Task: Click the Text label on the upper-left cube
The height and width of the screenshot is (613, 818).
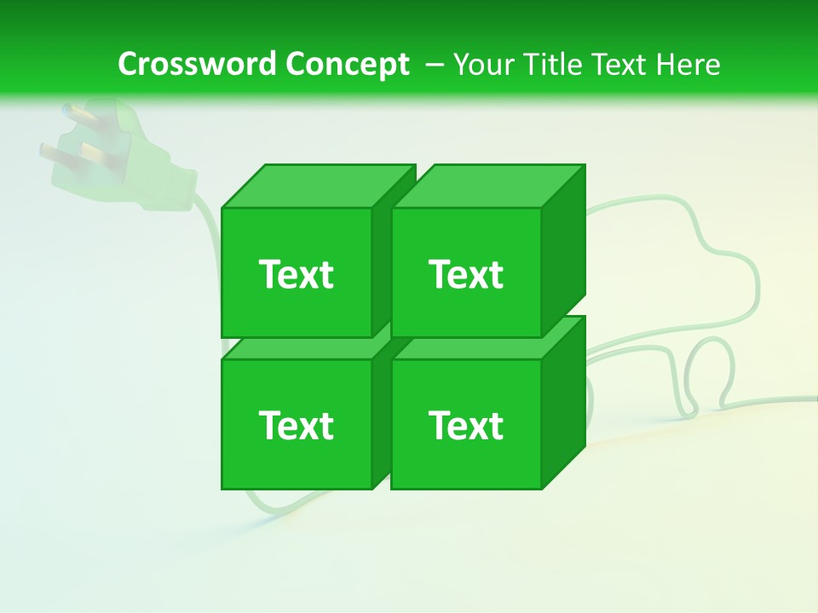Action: (x=297, y=274)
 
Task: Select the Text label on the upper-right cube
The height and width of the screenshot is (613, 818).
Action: (x=466, y=274)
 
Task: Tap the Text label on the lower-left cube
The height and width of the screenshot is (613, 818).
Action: (x=297, y=425)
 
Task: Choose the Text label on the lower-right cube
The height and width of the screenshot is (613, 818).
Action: (x=466, y=425)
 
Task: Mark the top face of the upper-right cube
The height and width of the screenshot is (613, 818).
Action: (x=487, y=186)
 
